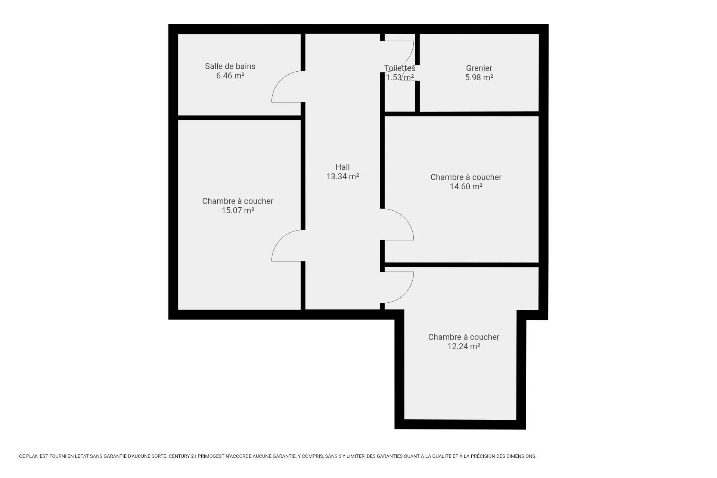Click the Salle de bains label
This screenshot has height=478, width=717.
230,66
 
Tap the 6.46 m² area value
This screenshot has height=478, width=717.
230,76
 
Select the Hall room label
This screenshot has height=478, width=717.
342,167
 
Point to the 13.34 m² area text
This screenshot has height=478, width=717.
342,177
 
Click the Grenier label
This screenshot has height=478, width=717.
479,68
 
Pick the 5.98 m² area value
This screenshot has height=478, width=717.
479,78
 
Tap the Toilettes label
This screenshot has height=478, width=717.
400,68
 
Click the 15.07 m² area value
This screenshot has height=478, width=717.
238,211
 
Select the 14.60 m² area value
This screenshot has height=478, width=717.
466,187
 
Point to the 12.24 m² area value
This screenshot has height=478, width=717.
463,347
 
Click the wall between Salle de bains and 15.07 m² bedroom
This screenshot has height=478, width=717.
239,118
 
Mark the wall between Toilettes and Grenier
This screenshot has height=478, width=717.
418,73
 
